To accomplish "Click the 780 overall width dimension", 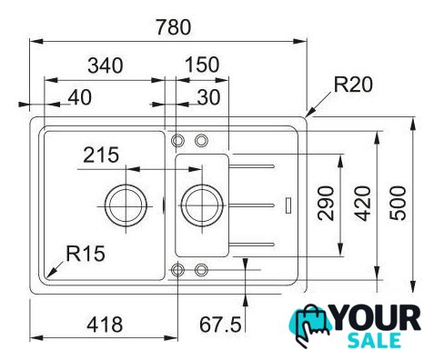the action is tap(174, 27).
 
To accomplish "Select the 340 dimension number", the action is tap(106, 65).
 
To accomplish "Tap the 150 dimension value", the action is tap(202, 65).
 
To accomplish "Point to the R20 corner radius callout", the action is tap(353, 85).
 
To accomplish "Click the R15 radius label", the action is tap(86, 254).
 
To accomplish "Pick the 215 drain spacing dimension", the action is tap(101, 155).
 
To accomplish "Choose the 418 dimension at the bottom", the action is tap(105, 325).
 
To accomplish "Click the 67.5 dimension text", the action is tap(220, 325).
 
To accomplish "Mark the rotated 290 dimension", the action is tap(326, 204).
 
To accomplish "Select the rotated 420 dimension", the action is tap(363, 204).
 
